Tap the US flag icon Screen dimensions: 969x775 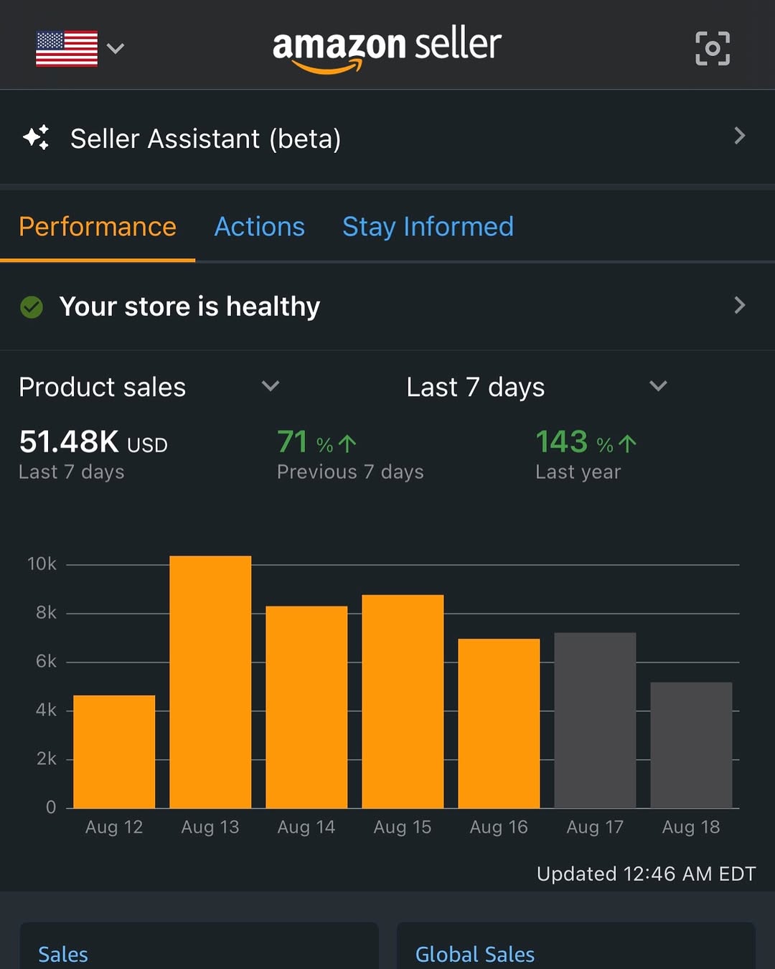pyautogui.click(x=67, y=48)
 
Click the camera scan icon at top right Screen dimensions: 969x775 pyautogui.click(x=713, y=48)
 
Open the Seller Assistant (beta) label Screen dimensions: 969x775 pyautogui.click(x=205, y=139)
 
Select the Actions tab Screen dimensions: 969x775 pyautogui.click(x=260, y=227)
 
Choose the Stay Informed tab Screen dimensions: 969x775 pyautogui.click(x=428, y=227)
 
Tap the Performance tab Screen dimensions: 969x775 pyautogui.click(x=98, y=227)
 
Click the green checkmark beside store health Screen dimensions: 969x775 pyautogui.click(x=32, y=307)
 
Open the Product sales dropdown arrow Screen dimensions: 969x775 pyautogui.click(x=271, y=386)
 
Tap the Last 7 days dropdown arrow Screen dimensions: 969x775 pyautogui.click(x=658, y=386)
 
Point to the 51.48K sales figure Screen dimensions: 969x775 pyautogui.click(x=69, y=441)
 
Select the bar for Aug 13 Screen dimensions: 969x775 pyautogui.click(x=210, y=682)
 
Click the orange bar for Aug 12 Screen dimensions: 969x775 pyautogui.click(x=114, y=752)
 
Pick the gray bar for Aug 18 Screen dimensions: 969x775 pyautogui.click(x=691, y=745)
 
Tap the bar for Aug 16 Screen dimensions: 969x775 pyautogui.click(x=499, y=724)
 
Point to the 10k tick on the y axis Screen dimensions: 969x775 pyautogui.click(x=42, y=564)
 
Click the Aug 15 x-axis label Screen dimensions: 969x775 pyautogui.click(x=403, y=827)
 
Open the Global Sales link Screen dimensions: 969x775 pyautogui.click(x=475, y=954)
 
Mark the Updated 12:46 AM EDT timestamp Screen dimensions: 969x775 pyautogui.click(x=646, y=874)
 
